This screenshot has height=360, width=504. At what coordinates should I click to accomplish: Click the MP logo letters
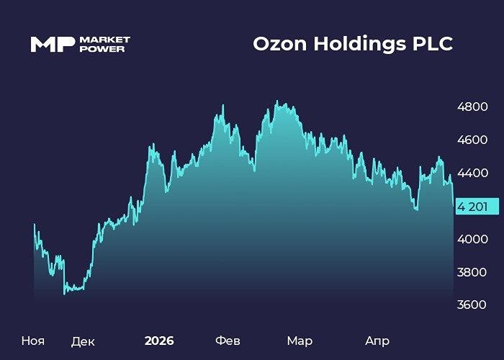(x=52, y=44)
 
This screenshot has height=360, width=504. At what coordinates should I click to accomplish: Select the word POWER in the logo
(x=102, y=49)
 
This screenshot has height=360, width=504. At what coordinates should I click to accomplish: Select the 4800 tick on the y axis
(x=473, y=107)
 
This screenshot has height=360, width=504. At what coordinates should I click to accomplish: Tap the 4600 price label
(x=473, y=140)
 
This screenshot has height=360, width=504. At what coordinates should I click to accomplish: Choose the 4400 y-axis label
(x=473, y=173)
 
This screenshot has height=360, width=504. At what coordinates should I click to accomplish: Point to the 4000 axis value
(x=473, y=239)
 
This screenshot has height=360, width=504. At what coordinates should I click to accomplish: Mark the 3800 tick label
(x=473, y=272)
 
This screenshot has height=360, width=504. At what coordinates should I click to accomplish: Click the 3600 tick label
(x=473, y=305)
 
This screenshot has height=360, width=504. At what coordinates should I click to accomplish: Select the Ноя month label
(x=32, y=340)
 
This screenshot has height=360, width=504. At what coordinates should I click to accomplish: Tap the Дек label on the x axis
(x=83, y=341)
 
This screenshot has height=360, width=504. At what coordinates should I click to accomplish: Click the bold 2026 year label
(x=159, y=340)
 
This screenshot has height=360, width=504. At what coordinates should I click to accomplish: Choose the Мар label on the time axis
(x=300, y=340)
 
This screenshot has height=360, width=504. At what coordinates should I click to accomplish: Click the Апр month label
(x=377, y=341)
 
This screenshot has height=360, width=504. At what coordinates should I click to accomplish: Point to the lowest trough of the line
(x=65, y=293)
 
